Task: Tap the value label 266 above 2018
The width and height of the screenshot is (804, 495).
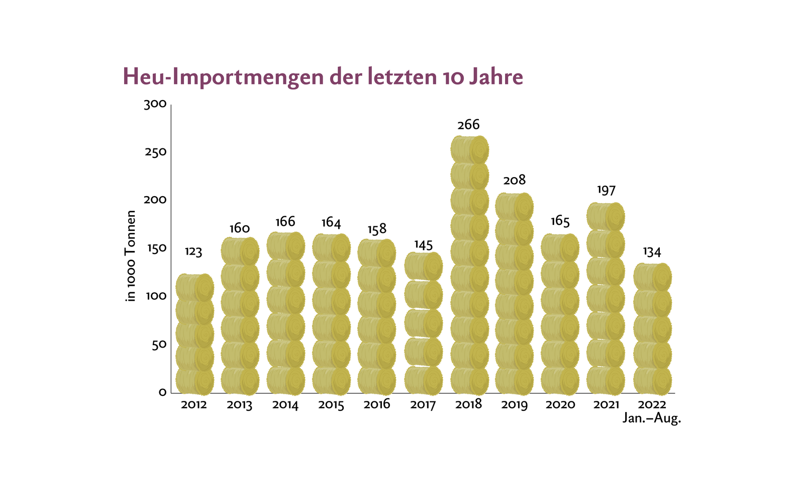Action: point(468,125)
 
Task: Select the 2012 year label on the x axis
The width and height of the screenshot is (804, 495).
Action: point(194,404)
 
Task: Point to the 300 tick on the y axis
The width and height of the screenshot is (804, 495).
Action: point(155,105)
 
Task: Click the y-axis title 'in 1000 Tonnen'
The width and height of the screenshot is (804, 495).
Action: point(131,256)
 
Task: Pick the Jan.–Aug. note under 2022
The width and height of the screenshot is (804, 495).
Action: point(652,418)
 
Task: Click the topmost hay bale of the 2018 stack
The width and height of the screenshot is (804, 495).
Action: point(469,149)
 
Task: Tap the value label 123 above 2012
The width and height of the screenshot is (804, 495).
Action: point(193,252)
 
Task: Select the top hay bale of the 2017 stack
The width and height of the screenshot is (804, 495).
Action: point(423,266)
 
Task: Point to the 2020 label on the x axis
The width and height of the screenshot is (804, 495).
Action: point(560,404)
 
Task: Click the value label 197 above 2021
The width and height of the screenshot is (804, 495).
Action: point(606,190)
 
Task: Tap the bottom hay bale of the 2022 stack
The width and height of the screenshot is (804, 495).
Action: point(652,381)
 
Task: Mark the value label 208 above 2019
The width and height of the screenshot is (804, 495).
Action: point(514,180)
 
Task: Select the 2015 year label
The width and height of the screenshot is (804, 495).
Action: point(331,405)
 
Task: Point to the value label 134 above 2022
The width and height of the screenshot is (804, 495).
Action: point(652,252)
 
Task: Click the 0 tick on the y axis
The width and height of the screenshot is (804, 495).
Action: point(162,392)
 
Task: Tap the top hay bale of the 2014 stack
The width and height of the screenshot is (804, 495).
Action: point(285,246)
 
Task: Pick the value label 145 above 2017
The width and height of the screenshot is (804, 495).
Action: point(423,245)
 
